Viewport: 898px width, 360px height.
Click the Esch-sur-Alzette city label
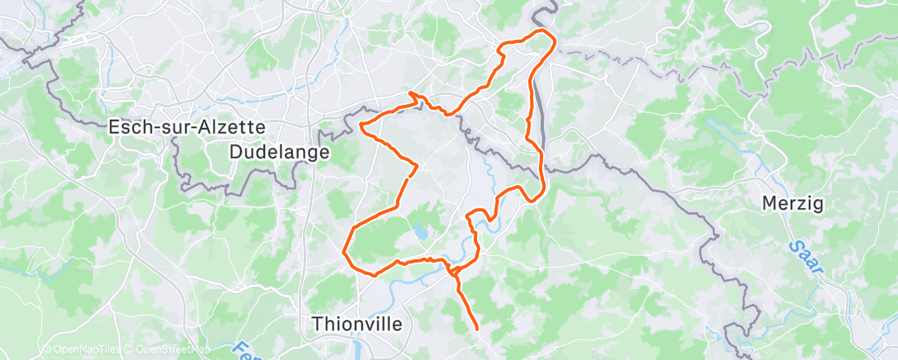click(x=187, y=128)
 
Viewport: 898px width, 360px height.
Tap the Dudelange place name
click(x=280, y=153)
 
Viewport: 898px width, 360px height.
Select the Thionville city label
click(x=357, y=324)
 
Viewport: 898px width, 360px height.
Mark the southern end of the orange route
click(x=478, y=329)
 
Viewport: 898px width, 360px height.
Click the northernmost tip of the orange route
click(x=542, y=31)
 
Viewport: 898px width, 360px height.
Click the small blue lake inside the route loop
click(x=422, y=233)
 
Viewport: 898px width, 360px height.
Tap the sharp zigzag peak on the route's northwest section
click(x=412, y=94)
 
